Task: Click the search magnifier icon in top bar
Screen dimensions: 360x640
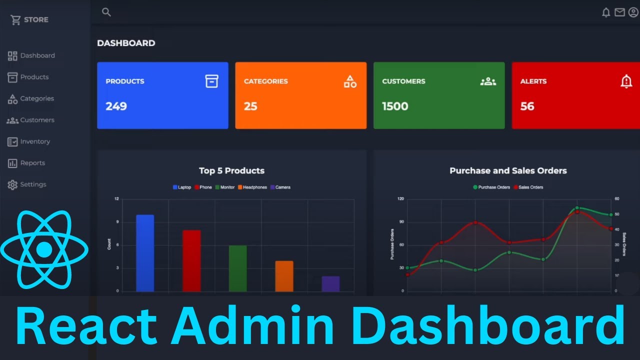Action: click(x=106, y=12)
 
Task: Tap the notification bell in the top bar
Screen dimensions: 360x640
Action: click(x=606, y=12)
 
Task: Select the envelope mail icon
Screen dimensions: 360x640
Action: click(x=619, y=12)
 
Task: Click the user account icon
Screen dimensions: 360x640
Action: click(x=633, y=12)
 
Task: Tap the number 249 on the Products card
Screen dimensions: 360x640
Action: click(x=116, y=106)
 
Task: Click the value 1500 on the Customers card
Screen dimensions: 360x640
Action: click(x=395, y=106)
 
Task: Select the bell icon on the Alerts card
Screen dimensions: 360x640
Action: click(x=626, y=81)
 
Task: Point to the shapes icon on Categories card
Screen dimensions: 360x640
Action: click(x=350, y=81)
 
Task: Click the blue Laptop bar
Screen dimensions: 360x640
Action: click(x=145, y=253)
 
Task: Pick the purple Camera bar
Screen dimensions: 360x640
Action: click(x=330, y=283)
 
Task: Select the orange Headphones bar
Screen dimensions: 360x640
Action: click(x=284, y=276)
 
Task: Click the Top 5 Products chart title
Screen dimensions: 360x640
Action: click(x=231, y=170)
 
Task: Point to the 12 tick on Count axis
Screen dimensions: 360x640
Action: click(x=116, y=199)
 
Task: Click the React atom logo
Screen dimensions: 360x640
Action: click(x=44, y=249)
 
